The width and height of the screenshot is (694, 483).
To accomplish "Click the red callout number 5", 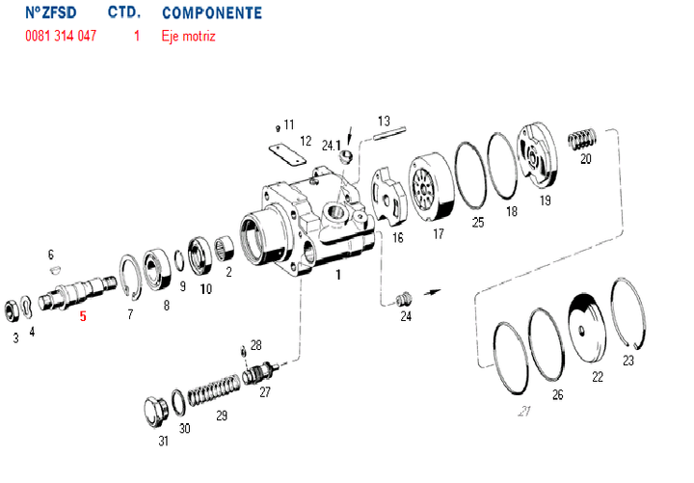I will [x=83, y=316].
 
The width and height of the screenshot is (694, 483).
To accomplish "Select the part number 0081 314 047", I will [x=61, y=37].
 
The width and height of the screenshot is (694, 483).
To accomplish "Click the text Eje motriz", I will [x=189, y=37].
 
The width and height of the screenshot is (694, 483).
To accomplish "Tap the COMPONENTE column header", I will [x=211, y=13].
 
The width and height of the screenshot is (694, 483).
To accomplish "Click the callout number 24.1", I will [x=331, y=146].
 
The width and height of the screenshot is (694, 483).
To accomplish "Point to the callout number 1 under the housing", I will [x=338, y=274].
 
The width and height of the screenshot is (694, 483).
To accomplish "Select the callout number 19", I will [x=545, y=201].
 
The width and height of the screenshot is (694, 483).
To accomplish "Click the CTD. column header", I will [x=123, y=13].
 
